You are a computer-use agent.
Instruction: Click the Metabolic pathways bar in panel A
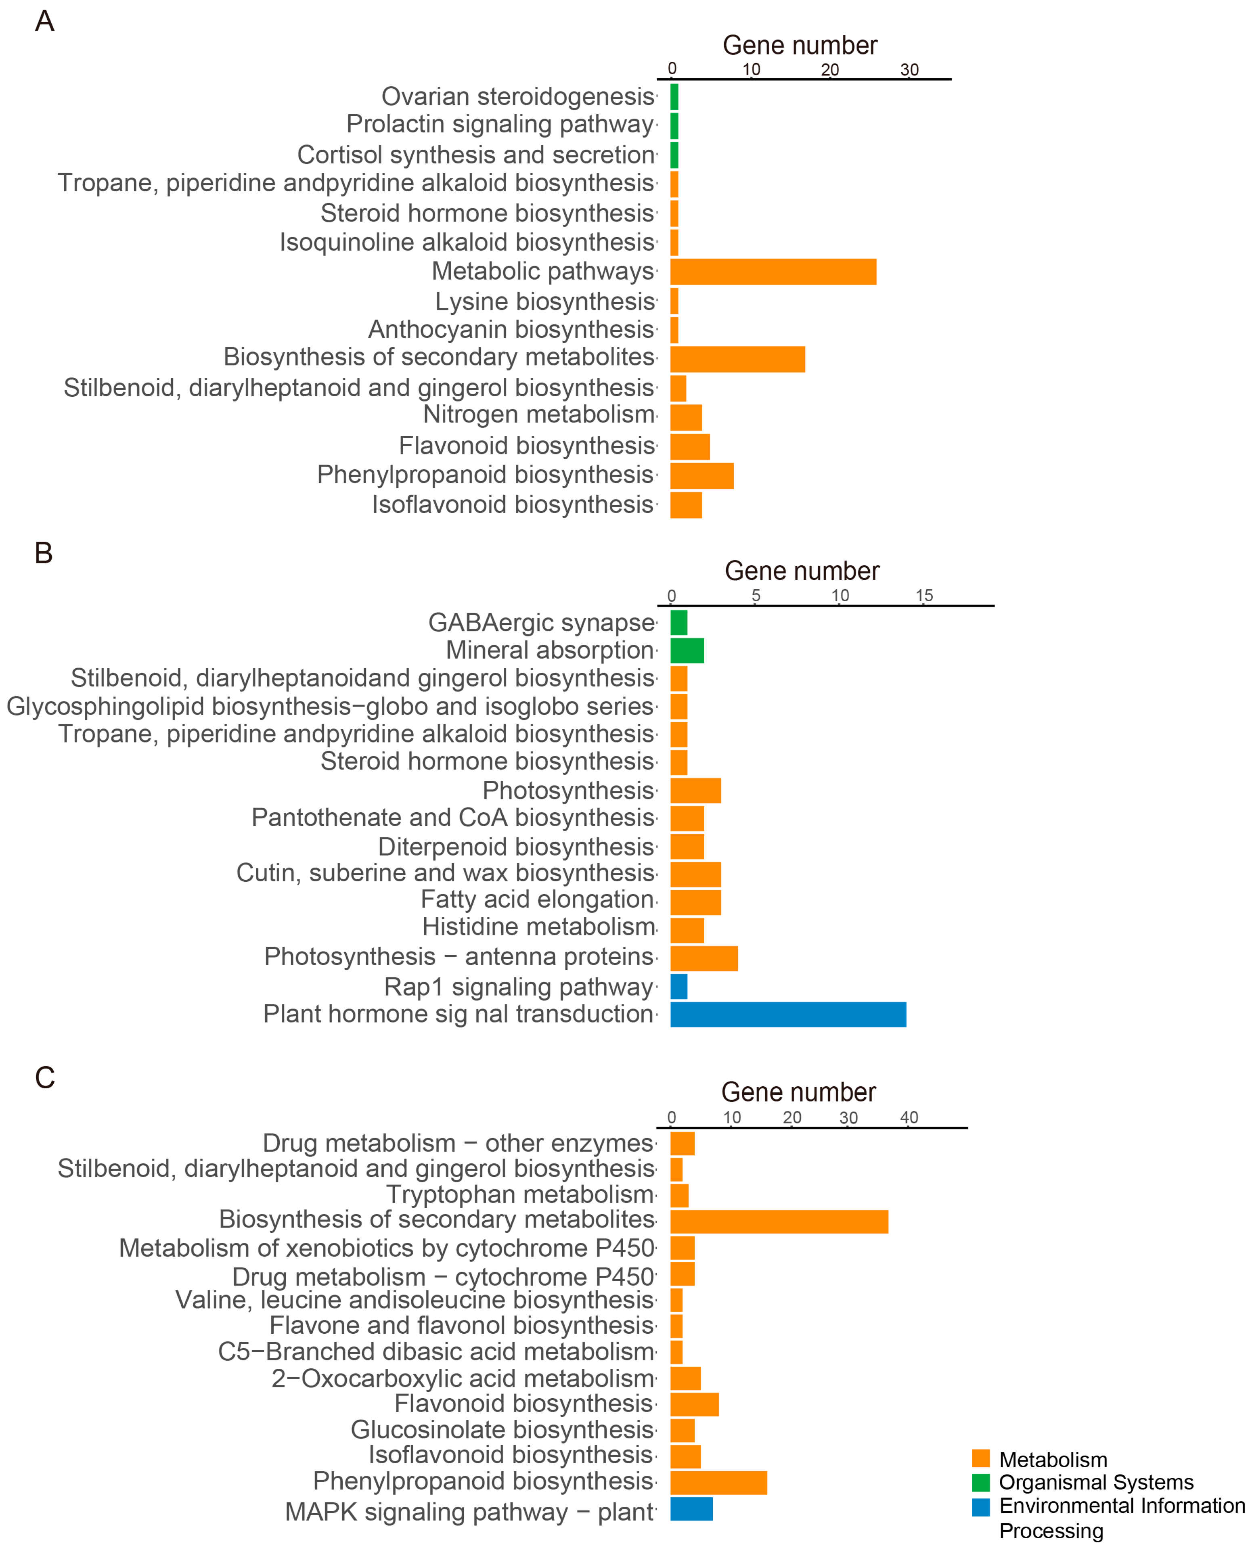tap(773, 272)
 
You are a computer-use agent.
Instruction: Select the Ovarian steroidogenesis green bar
tap(674, 96)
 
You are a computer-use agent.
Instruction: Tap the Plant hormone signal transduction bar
tap(788, 1015)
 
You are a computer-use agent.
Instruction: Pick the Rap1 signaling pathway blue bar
tap(678, 986)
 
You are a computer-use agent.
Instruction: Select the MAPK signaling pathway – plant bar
tap(691, 1509)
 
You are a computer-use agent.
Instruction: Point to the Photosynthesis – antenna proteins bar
tap(704, 958)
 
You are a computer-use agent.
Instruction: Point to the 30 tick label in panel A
tap(909, 70)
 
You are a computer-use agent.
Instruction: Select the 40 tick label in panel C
tap(909, 1117)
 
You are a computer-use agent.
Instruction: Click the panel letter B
tap(44, 553)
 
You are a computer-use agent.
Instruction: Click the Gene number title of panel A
tap(800, 45)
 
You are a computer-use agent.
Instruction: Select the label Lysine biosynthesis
tap(545, 301)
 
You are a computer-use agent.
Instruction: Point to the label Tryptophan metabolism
tap(520, 1194)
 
